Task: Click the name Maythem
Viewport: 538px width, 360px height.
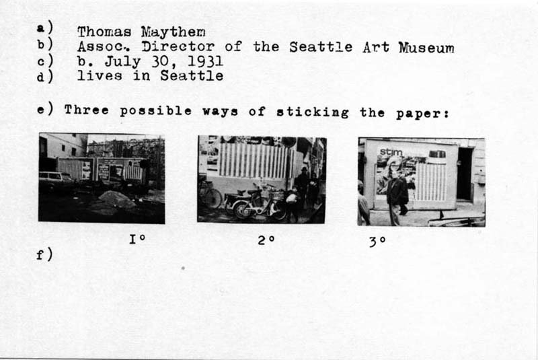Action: click(174, 32)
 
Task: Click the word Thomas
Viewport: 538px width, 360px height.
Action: click(104, 32)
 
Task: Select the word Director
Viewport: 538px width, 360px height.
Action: click(178, 46)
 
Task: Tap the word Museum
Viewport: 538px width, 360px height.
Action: click(426, 48)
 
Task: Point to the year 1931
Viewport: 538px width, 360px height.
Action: click(206, 61)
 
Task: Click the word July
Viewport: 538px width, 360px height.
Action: click(122, 62)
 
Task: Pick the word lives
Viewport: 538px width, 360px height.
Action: click(100, 75)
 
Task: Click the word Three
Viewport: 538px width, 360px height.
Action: click(87, 110)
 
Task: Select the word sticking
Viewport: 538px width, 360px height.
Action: click(313, 112)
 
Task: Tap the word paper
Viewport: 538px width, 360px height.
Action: click(422, 114)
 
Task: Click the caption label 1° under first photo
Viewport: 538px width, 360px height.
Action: click(137, 238)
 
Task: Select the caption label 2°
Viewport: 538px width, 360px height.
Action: click(266, 240)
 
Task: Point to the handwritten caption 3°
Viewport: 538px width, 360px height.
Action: click(377, 242)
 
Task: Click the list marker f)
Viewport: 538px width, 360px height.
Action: click(44, 254)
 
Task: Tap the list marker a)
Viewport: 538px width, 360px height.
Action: click(45, 27)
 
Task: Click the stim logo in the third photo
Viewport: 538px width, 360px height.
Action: click(391, 151)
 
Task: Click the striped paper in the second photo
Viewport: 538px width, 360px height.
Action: click(254, 161)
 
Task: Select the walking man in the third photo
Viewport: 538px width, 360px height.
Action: click(397, 197)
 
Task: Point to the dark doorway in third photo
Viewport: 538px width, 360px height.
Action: click(465, 174)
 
